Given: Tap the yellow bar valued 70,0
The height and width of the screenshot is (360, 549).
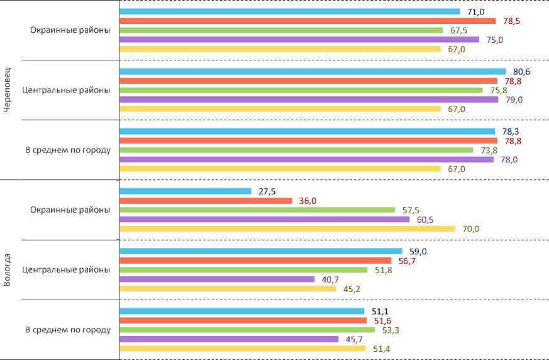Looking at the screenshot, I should pos(287,229).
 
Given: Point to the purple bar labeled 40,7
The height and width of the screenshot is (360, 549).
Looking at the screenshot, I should pos(217,279).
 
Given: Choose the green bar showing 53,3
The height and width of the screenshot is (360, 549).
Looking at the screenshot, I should pos(247,330).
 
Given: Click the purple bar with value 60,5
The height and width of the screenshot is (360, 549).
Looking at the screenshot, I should pos(265,220).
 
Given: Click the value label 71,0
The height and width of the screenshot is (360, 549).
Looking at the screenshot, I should pos(475,11).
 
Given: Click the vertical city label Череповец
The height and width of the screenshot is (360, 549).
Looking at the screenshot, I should pos(8,90).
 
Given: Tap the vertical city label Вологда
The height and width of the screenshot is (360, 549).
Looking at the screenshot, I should pos(8,269).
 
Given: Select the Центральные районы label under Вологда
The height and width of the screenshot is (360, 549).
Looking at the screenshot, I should pos(67,270).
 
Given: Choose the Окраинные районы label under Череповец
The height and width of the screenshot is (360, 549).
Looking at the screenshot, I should pos(70,30).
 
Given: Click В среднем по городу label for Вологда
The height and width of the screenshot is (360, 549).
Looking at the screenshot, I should pos(68,330).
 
